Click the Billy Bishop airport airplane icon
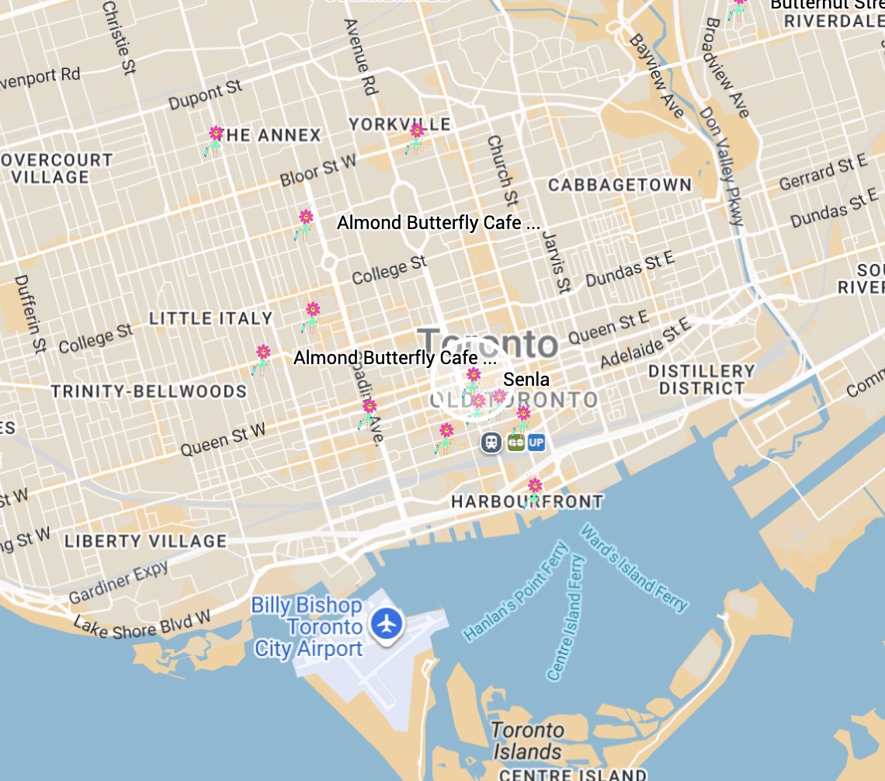tap(387, 623)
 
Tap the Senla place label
tap(526, 380)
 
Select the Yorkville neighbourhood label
tap(399, 124)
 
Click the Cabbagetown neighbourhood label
tap(619, 185)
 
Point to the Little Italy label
tap(210, 318)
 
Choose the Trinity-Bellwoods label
tap(148, 390)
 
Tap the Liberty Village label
tap(145, 541)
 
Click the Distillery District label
tap(701, 380)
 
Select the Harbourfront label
tap(527, 502)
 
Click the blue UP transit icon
tap(536, 443)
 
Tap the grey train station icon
tap(491, 443)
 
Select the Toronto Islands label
tap(527, 741)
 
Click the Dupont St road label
tap(206, 95)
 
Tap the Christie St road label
tap(119, 37)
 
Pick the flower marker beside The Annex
tap(215, 140)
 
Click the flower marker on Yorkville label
tap(416, 137)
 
